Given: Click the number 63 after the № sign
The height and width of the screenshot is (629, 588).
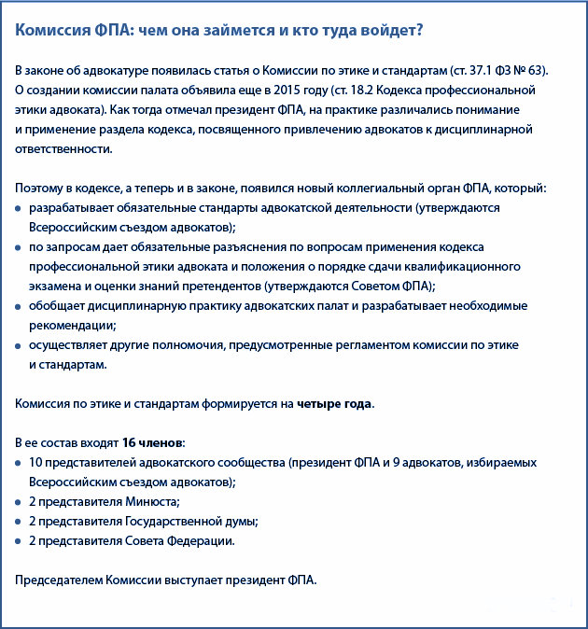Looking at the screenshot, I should pos(539,71).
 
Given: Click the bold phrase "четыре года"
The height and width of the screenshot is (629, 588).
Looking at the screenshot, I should pos(335,404).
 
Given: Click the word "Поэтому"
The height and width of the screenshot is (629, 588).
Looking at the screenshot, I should pos(38,189).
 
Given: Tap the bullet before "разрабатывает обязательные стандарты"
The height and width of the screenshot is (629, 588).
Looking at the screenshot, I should pos(20,208).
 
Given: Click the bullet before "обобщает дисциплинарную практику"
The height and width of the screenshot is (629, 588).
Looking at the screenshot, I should pos(20,306).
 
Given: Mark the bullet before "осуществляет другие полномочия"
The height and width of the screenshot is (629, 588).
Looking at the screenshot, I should pos(20,345).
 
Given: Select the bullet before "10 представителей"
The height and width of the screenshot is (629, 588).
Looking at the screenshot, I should pos(20,463).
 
